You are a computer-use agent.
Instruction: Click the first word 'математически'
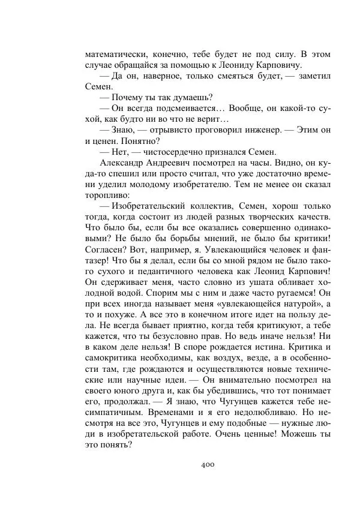116,54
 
